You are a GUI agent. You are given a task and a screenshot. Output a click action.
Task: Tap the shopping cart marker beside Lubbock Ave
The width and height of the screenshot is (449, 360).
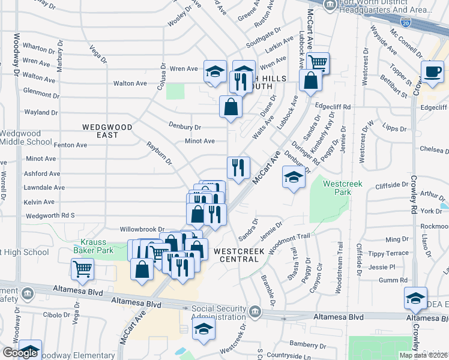coord(318,62)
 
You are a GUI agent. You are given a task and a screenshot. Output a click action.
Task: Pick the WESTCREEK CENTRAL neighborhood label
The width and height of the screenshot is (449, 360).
coord(244,254)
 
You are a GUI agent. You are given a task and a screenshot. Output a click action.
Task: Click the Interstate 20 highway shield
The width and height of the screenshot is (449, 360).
coord(405,23)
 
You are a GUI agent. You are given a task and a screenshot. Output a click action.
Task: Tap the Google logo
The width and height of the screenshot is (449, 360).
coord(20,353)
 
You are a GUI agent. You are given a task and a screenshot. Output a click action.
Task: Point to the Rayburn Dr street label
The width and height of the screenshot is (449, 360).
coord(160,154)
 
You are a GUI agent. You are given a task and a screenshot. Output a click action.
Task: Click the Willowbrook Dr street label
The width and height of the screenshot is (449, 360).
coord(142,229)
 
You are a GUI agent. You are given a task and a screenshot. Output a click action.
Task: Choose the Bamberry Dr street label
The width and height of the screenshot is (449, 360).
coord(306,345)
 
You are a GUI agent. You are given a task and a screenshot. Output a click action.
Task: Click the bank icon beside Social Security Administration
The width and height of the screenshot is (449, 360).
coord(255,313)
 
